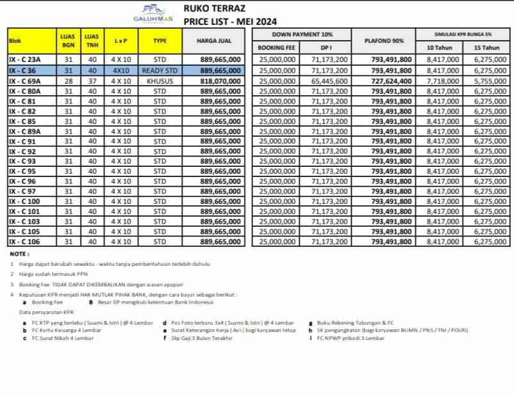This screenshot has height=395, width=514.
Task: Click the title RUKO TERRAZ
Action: click(211, 9)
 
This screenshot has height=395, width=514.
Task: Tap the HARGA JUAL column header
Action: click(214, 41)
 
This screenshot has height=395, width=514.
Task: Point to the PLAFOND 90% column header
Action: click(384, 41)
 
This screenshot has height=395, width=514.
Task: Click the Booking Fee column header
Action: click(276, 48)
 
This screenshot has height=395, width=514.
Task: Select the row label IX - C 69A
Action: click(26, 81)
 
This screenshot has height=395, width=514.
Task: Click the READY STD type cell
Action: click(159, 70)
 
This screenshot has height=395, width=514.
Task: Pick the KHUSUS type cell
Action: click(159, 81)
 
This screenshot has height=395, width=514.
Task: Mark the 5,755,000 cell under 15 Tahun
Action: click(490, 81)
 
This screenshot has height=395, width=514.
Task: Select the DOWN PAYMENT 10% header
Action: click(302, 34)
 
